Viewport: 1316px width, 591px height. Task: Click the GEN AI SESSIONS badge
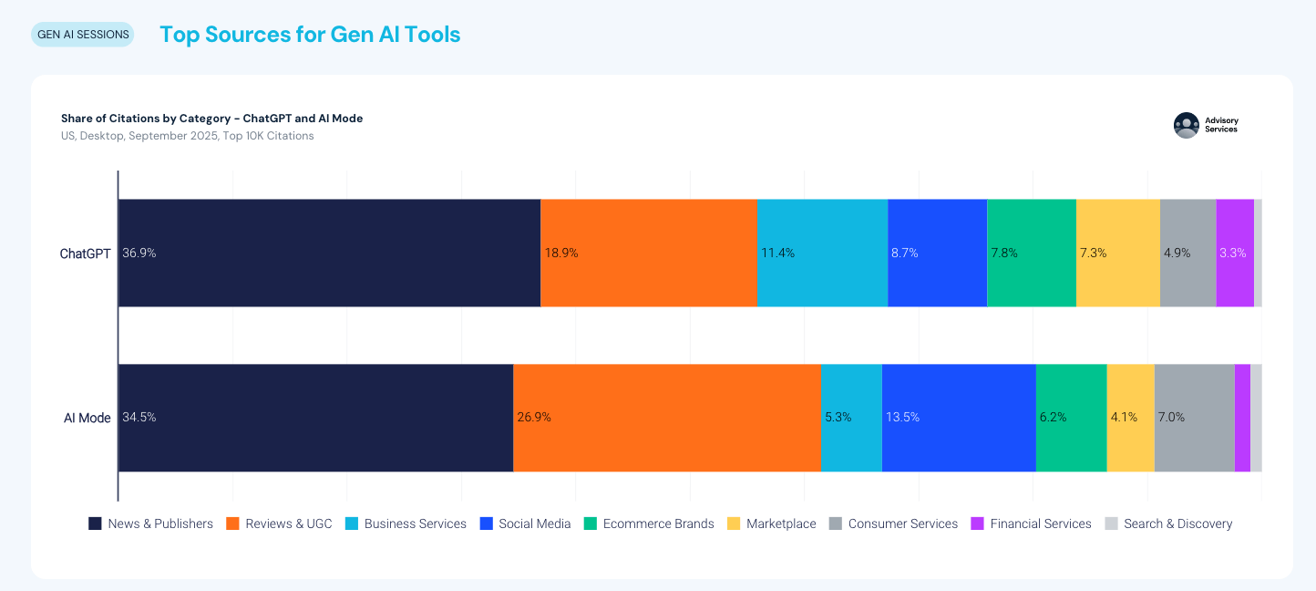pos(83,35)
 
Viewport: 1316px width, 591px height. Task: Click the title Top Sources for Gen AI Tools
pos(310,35)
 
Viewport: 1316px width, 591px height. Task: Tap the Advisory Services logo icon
pos(1186,125)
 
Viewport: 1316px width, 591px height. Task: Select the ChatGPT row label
pos(85,254)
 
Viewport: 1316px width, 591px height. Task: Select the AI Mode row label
pos(87,418)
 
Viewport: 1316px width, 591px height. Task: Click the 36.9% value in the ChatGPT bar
pos(139,253)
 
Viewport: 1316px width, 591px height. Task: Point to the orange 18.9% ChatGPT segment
pos(648,253)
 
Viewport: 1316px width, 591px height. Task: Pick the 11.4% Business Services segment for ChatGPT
pos(822,253)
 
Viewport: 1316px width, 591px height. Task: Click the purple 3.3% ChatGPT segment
pos(1234,253)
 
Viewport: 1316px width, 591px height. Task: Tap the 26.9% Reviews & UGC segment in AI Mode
pos(666,418)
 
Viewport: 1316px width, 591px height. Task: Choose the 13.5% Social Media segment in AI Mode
pos(958,418)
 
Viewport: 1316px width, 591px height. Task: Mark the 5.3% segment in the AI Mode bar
pos(851,418)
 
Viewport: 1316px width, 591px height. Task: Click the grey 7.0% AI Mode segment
pos(1194,418)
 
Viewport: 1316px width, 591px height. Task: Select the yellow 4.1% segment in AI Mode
pos(1130,418)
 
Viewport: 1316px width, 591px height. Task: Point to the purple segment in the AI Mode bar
pos(1242,418)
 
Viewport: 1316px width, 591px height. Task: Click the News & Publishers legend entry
pos(150,524)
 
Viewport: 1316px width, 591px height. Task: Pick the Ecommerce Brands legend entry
pos(649,524)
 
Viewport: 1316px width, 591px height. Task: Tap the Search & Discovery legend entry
pos(1168,524)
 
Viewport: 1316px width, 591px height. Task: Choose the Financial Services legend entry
pos(1031,524)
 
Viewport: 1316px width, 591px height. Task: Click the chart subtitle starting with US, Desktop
pos(187,136)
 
